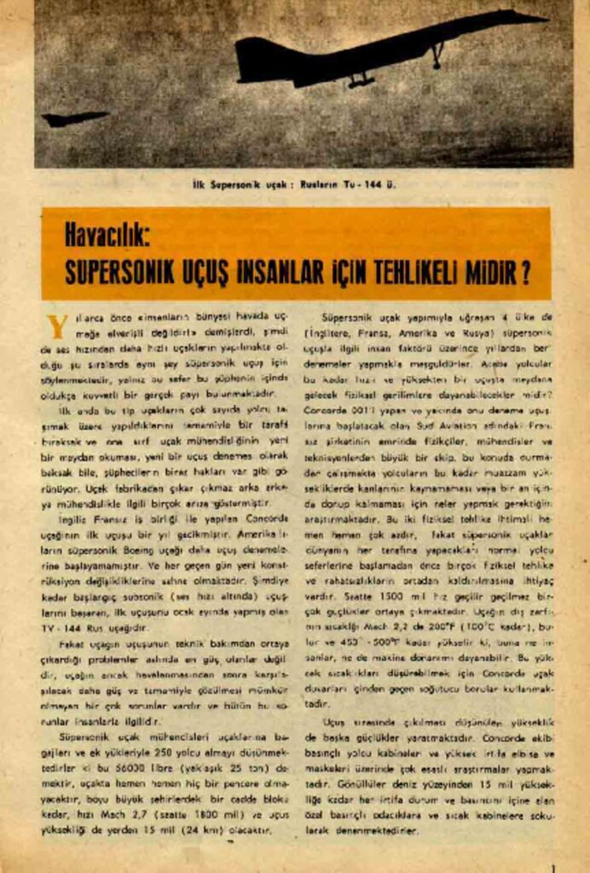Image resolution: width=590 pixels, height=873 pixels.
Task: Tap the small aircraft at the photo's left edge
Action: point(74,119)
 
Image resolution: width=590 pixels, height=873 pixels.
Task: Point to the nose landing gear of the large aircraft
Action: point(437,58)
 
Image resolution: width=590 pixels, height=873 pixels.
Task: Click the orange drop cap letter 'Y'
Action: point(57,327)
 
